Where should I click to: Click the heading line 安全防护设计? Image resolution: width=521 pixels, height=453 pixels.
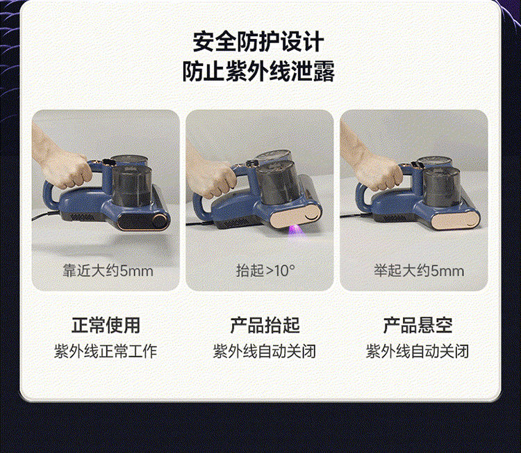[258, 42]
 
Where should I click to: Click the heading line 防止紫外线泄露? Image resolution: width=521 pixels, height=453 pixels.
[258, 71]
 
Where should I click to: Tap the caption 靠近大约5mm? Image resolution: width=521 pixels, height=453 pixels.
[108, 271]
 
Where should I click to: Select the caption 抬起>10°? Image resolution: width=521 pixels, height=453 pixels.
[265, 271]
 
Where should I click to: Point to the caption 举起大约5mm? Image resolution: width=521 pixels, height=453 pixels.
[419, 271]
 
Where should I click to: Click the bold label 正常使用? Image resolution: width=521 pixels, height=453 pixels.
[106, 325]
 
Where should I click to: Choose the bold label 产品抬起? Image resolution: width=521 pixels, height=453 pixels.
[265, 325]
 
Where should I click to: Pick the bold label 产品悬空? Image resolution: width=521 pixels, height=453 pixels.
[417, 325]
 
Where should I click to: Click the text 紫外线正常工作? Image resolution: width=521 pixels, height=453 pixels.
[106, 351]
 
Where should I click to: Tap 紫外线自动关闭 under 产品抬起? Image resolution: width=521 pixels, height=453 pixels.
[265, 351]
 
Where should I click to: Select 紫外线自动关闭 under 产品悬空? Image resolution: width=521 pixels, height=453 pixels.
[417, 351]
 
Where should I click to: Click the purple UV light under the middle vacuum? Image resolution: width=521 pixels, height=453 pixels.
[295, 230]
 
